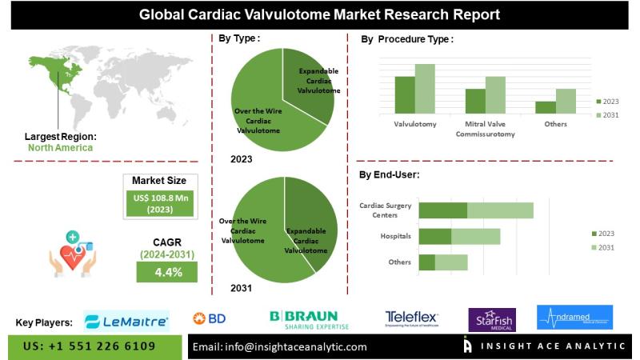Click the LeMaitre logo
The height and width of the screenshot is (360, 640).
(x=126, y=322)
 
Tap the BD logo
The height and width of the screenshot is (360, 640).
(x=210, y=318)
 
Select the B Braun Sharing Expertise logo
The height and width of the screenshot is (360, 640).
(x=303, y=319)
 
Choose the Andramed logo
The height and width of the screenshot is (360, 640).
(x=574, y=318)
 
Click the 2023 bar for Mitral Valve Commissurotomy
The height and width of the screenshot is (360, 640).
(x=475, y=100)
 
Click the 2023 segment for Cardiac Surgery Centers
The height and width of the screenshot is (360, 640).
(x=443, y=210)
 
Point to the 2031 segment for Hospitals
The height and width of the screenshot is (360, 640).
(x=476, y=237)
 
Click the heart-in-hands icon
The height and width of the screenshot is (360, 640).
(x=72, y=252)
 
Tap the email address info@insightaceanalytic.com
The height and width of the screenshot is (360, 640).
(x=281, y=347)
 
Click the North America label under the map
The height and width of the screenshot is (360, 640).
(x=60, y=147)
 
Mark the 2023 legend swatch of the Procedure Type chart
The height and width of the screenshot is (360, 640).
(x=598, y=102)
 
